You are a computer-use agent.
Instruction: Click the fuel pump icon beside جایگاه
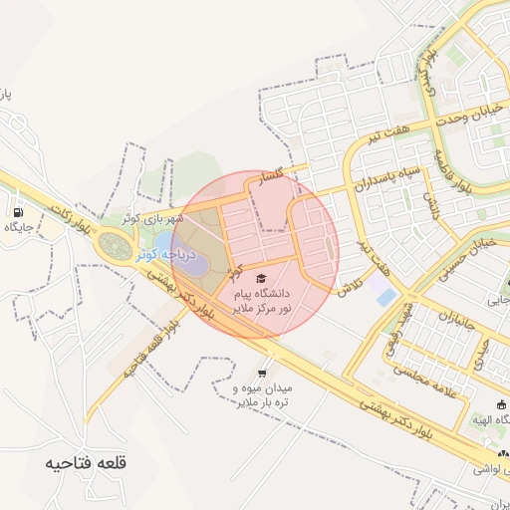click(x=18, y=212)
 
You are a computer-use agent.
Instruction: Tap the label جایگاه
click(x=19, y=228)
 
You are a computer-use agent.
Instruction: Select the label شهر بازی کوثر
click(x=146, y=217)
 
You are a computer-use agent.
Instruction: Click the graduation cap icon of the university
click(x=261, y=279)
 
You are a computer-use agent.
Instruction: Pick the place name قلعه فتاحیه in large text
click(x=87, y=463)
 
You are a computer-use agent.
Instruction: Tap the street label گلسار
click(x=272, y=179)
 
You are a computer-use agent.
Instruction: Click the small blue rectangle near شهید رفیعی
click(x=383, y=296)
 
